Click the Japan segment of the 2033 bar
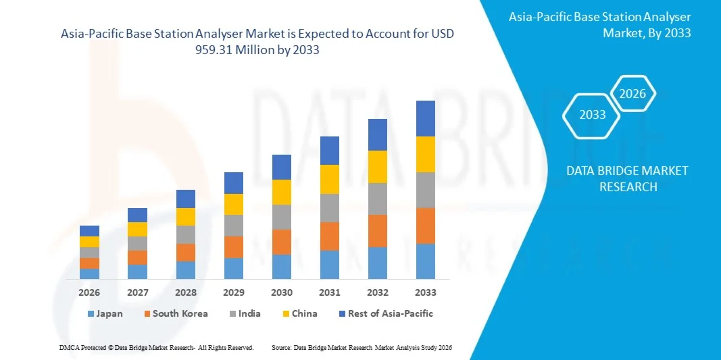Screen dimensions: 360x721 pyautogui.click(x=426, y=261)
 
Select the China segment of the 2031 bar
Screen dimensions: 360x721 pyautogui.click(x=329, y=179)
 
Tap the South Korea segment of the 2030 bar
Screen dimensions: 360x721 pyautogui.click(x=282, y=242)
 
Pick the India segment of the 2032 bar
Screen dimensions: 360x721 pyautogui.click(x=378, y=199)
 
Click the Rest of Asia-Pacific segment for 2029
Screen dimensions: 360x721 pyautogui.click(x=234, y=183)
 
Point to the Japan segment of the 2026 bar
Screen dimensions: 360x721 pyautogui.click(x=89, y=274)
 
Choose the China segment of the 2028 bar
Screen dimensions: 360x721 pyautogui.click(x=186, y=217)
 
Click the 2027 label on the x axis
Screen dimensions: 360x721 pyautogui.click(x=137, y=292)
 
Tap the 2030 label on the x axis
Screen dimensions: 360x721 pyautogui.click(x=282, y=292)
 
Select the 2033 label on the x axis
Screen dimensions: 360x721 pyautogui.click(x=426, y=292)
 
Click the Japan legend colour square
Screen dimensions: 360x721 pyautogui.click(x=91, y=314)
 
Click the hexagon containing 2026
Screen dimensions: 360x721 pyautogui.click(x=632, y=94)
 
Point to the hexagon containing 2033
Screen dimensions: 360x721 pyautogui.click(x=593, y=115)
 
